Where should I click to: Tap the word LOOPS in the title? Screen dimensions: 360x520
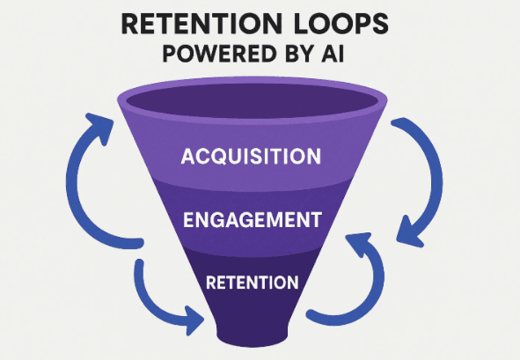pyautogui.click(x=345, y=24)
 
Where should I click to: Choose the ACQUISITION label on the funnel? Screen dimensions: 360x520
pyautogui.click(x=250, y=158)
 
